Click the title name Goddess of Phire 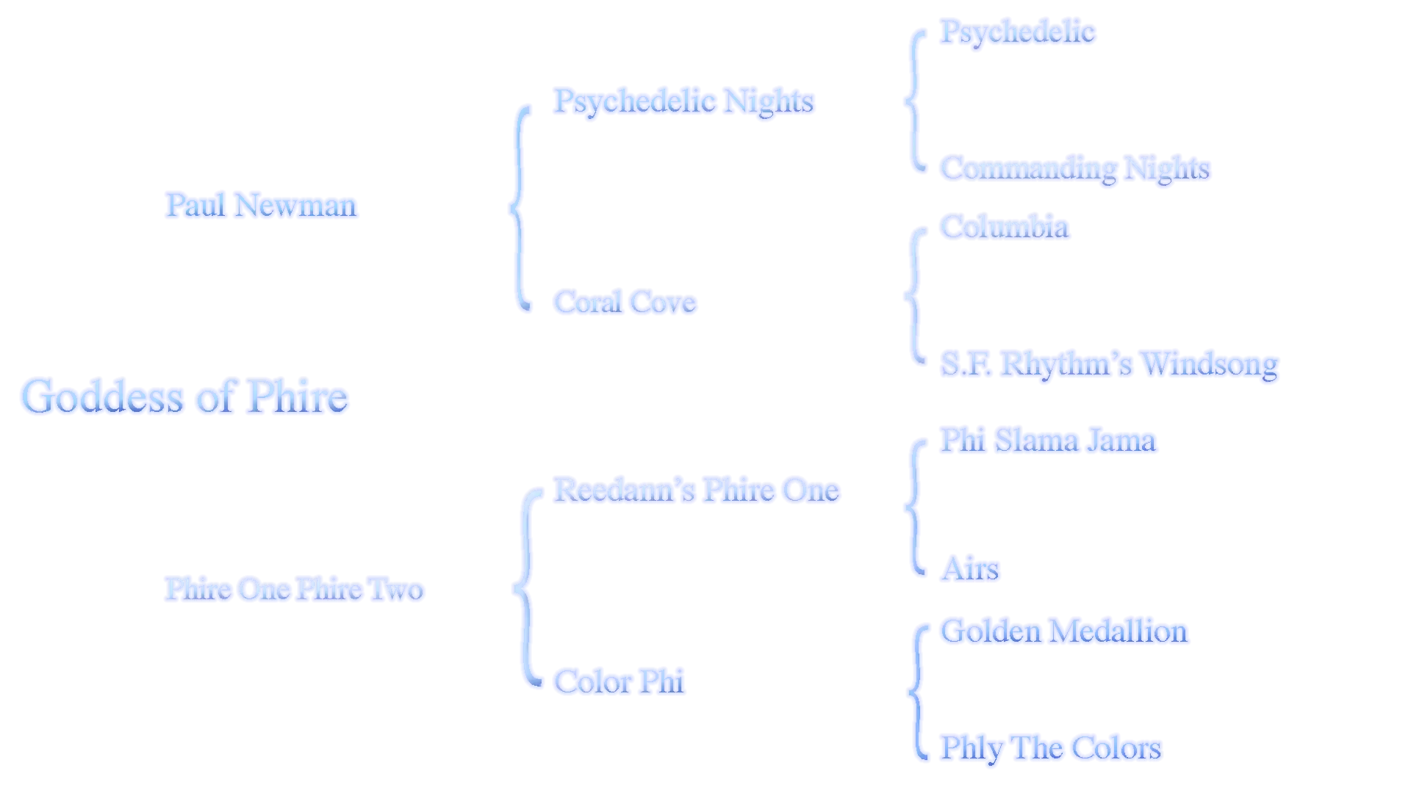click(x=185, y=397)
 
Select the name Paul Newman click(x=261, y=205)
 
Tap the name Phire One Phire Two click(x=293, y=589)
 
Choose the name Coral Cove click(x=624, y=302)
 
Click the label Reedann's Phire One click(x=697, y=490)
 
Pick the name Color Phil click(x=620, y=681)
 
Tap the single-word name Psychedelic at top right click(x=1018, y=31)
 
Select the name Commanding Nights click(x=1077, y=168)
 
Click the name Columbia click(x=1005, y=226)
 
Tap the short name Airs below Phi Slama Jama click(x=970, y=569)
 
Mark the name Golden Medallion click(x=1065, y=631)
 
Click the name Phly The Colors click(x=1052, y=747)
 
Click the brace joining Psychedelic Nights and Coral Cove click(x=520, y=208)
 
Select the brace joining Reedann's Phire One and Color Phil click(x=524, y=587)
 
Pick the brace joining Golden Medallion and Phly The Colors click(x=917, y=690)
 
